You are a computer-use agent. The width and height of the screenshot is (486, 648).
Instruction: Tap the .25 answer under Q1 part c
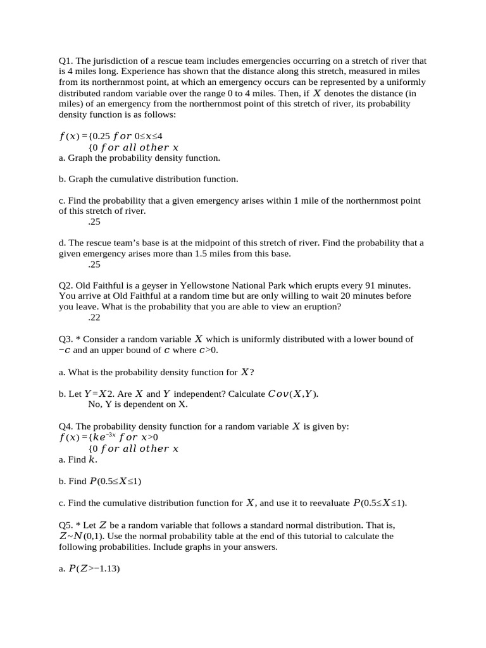pyautogui.click(x=94, y=222)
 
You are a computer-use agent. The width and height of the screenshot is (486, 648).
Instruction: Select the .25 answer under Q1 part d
pyautogui.click(x=94, y=265)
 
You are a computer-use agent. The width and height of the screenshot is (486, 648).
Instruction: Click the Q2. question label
pyautogui.click(x=66, y=286)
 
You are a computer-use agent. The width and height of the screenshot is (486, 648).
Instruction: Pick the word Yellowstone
pyautogui.click(x=227, y=286)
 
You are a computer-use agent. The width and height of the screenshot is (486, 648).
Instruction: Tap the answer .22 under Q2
pyautogui.click(x=94, y=318)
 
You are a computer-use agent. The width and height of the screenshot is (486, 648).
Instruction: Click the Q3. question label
pyautogui.click(x=66, y=340)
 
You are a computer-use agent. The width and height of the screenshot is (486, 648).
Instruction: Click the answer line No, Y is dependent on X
pyautogui.click(x=138, y=404)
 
